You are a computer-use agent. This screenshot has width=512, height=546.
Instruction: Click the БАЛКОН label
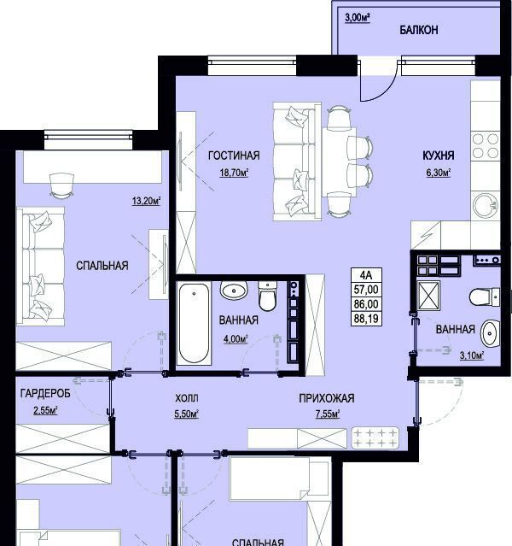coord(418,30)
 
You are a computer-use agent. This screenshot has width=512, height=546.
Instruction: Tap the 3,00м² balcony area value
coord(358,18)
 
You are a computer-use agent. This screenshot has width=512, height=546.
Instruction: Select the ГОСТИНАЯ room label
coord(234,156)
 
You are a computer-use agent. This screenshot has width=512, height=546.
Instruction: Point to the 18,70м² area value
coord(234,173)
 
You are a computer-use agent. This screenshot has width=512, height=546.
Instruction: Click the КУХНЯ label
coord(439,156)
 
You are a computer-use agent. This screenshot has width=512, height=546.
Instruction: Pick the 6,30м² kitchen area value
coord(439,173)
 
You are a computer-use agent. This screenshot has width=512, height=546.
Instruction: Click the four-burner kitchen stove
coord(486,146)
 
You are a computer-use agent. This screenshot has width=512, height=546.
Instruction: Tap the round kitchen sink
coord(486,205)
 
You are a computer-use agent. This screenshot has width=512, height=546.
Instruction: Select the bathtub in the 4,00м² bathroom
coord(194,324)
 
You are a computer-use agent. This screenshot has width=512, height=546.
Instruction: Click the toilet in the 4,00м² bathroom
coord(267,296)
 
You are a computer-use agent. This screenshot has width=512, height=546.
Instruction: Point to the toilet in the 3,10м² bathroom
coord(485,297)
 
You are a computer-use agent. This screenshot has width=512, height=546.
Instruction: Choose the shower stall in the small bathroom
coord(429,296)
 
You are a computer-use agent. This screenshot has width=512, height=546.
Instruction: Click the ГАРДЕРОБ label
coord(45,394)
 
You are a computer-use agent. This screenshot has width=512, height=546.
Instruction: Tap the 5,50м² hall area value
coord(186,414)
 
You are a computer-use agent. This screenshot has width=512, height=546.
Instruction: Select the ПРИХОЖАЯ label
coord(327,398)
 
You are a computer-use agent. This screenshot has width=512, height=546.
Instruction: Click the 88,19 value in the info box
coord(366,318)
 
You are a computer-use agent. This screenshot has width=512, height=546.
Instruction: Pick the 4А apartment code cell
coord(366,275)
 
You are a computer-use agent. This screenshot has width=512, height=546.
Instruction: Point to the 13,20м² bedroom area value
coord(146,201)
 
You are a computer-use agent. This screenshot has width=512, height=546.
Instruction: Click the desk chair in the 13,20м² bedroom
coord(62,185)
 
